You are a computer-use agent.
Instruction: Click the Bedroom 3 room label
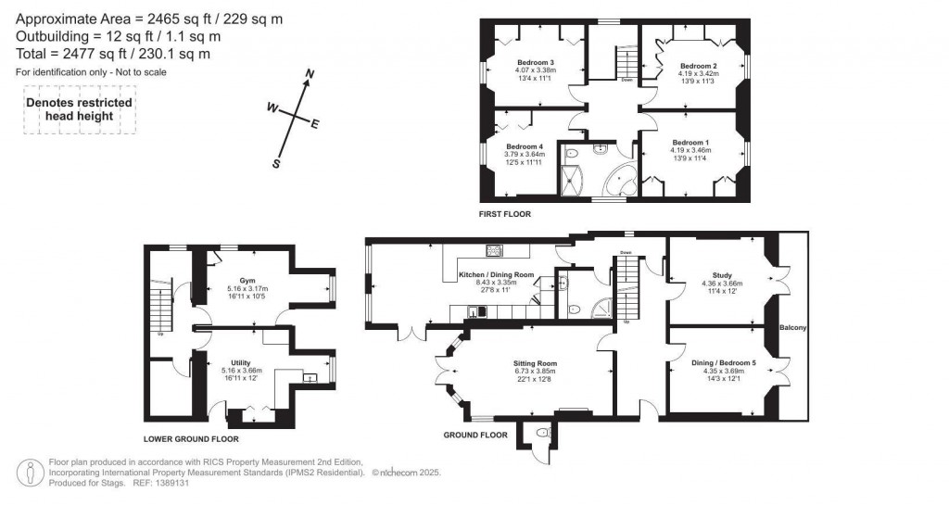pos(535,63)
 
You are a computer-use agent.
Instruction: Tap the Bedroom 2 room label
pos(698,67)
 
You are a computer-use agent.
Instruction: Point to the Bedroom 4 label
pos(523,146)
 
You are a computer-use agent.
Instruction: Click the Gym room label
pos(247,280)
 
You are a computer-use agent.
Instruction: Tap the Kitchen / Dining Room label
pos(497,275)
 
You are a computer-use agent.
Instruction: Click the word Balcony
pos(792,328)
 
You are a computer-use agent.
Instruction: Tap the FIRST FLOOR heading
pos(505,214)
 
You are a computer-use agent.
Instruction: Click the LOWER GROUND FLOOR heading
pos(191,438)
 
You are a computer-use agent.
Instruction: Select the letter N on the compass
pos(310,74)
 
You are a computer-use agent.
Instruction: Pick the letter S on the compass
pos(276,163)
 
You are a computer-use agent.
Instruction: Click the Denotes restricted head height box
pos(78,109)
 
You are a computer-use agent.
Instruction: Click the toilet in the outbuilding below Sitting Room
pos(542,432)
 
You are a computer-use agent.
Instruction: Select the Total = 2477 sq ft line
pos(113,54)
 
